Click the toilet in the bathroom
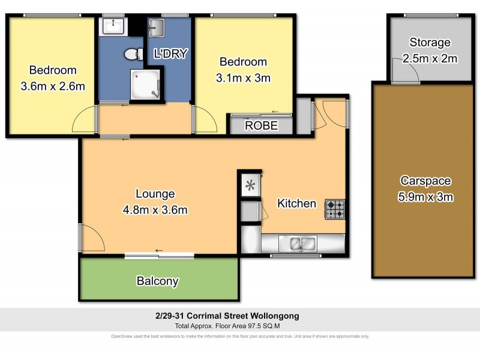click(x=133, y=55)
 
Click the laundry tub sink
click(x=156, y=27)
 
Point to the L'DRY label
click(x=171, y=54)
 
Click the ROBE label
click(x=262, y=125)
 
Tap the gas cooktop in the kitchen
click(x=335, y=209)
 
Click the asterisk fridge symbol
click(x=250, y=185)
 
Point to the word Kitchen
click(x=296, y=203)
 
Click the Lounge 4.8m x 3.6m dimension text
click(x=155, y=210)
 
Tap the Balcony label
click(x=157, y=281)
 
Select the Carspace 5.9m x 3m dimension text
click(x=427, y=197)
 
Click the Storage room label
click(x=430, y=43)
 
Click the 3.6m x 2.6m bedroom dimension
click(x=53, y=86)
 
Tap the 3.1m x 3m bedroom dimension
click(x=243, y=77)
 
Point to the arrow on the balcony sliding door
click(x=159, y=251)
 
